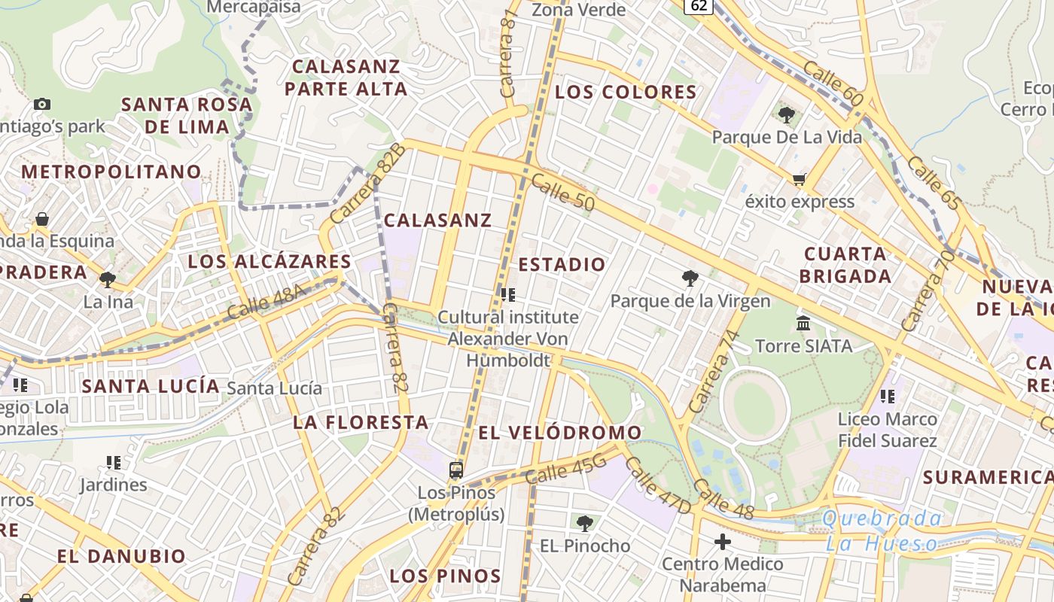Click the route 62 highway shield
699,6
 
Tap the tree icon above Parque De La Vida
787,115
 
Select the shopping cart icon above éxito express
799,179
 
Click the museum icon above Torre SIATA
803,324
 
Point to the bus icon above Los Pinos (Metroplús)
455,470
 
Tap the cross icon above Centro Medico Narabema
723,541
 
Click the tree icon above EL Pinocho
584,523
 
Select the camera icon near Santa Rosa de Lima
42,104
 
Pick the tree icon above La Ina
108,280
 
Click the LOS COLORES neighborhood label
626,93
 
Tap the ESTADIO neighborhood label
562,264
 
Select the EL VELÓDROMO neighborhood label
560,433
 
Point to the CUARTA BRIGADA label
845,264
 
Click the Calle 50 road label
562,193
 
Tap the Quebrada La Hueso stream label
882,531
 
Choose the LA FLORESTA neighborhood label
361,422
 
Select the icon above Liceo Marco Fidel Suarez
888,396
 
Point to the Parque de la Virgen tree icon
690,278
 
